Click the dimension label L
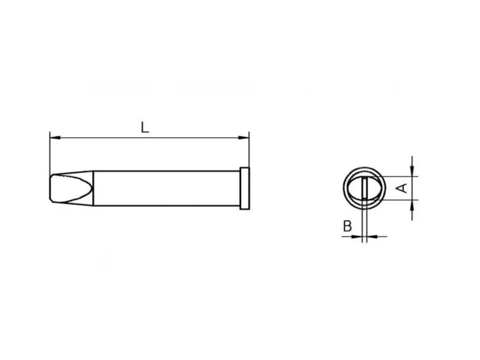tap(145, 127)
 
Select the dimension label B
tap(348, 226)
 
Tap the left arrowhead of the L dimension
tap(55, 138)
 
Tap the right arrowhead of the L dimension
tap(244, 138)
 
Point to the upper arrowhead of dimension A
tap(412, 171)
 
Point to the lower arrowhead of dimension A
tap(412, 205)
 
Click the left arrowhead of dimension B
tap(357, 236)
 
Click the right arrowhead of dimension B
tap(372, 236)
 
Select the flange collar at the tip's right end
tap(245, 188)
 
